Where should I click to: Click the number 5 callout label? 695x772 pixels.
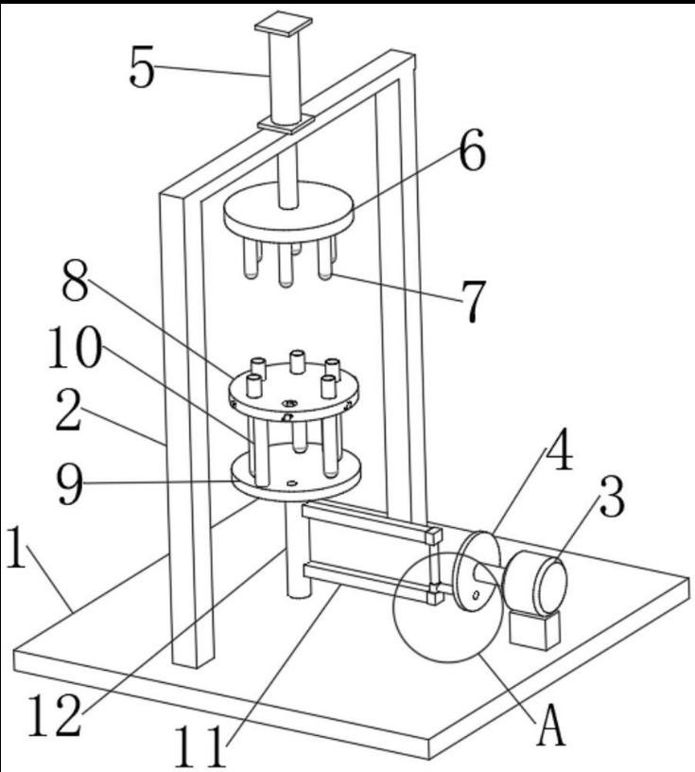tap(142, 67)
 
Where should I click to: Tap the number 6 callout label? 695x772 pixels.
tap(473, 149)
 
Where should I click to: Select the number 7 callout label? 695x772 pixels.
tap(473, 301)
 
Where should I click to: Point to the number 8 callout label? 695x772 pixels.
tap(76, 280)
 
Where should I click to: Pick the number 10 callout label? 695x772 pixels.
tap(76, 348)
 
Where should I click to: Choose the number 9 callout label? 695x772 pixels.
tap(71, 484)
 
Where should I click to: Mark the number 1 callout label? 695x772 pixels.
tap(17, 547)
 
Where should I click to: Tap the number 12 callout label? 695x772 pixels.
tap(54, 715)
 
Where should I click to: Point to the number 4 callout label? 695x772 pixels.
tap(560, 451)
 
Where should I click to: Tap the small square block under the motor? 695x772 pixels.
tap(534, 629)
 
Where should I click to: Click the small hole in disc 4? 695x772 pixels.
tap(476, 595)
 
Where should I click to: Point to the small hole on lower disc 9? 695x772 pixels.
tap(292, 483)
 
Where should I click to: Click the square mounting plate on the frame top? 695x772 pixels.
tap(286, 123)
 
